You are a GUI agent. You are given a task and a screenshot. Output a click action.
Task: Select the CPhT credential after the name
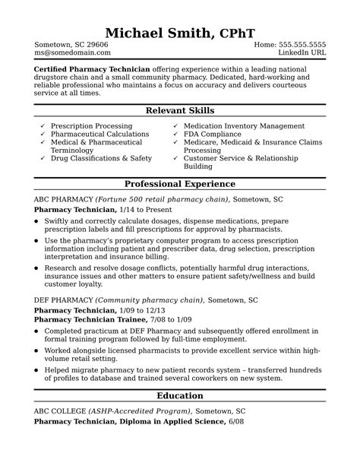[x=237, y=33]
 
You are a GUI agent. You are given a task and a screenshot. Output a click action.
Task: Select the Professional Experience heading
[x=179, y=184]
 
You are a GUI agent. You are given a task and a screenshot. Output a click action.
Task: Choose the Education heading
[x=179, y=395]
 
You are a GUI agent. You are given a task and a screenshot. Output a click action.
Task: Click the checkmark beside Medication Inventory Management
[x=175, y=125]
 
